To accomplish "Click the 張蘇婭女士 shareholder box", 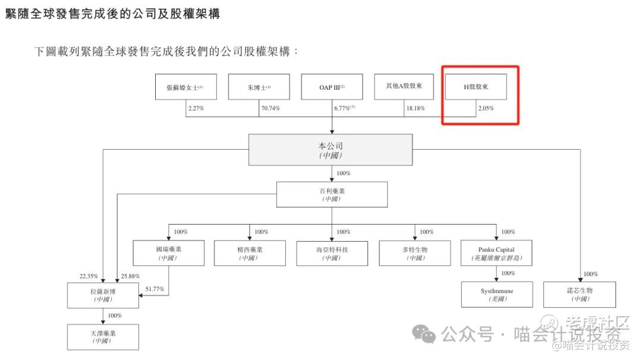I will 185,87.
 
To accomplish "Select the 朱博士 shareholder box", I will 259,87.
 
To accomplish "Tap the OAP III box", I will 332,87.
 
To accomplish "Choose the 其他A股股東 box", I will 404,87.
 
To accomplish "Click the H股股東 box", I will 476,87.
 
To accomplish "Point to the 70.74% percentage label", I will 270,109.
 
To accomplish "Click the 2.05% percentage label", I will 486,109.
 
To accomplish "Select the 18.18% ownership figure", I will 416,109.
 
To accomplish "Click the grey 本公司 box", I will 331,150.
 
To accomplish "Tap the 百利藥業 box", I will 332,194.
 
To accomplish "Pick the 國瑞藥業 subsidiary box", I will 169,253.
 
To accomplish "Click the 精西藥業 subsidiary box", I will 250,253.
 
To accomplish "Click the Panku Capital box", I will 496,253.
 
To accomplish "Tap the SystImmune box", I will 496,295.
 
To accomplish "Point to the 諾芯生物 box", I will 580,295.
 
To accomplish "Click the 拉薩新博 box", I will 103,295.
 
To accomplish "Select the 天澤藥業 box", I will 103,337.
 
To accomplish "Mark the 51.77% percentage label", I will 155,289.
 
